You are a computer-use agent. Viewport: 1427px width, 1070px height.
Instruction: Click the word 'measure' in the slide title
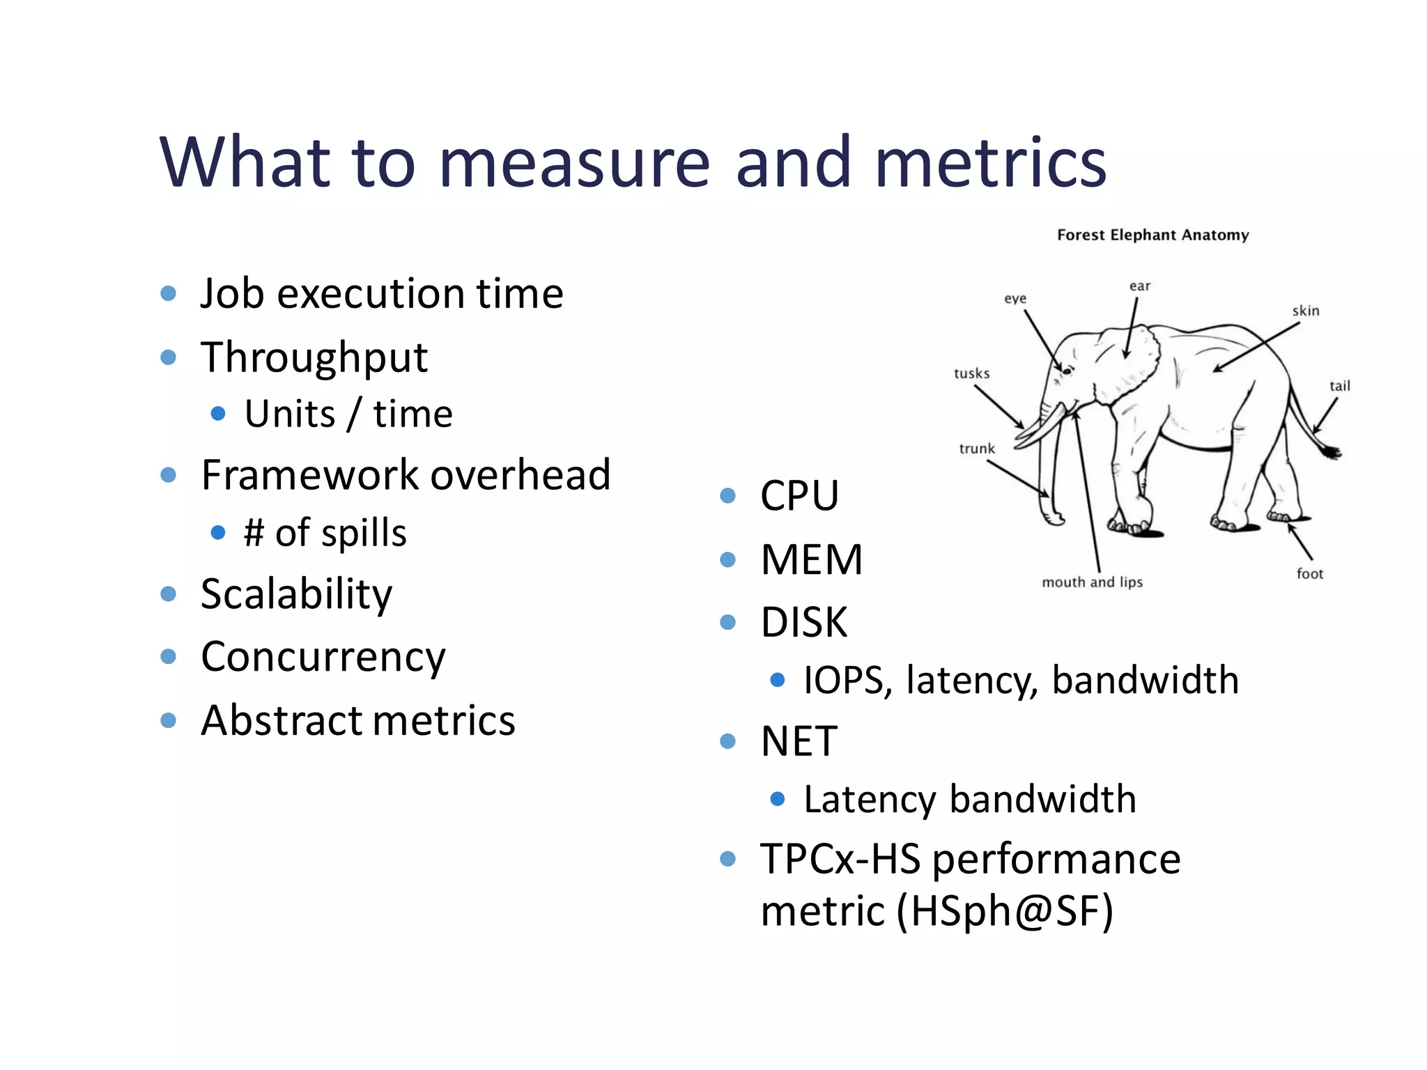coord(575,163)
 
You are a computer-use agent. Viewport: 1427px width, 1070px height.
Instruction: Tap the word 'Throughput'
coord(314,357)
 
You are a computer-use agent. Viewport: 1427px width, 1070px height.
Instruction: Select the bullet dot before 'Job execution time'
coord(168,293)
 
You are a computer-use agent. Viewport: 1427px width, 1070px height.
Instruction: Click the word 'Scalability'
coord(296,594)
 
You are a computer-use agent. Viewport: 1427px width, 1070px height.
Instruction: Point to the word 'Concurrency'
coord(323,657)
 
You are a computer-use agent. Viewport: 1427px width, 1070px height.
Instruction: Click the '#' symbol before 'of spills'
coord(254,533)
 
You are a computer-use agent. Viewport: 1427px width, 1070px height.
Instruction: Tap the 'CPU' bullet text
coord(799,496)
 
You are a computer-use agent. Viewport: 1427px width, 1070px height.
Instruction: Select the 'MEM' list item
coord(812,559)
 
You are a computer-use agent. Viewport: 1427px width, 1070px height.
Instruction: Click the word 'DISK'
coord(804,622)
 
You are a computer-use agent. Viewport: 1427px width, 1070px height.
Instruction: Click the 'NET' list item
coord(799,741)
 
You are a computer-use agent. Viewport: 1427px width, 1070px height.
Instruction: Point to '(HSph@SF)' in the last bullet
coord(1005,910)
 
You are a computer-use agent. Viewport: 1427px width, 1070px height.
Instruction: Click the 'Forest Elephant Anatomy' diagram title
coord(1152,235)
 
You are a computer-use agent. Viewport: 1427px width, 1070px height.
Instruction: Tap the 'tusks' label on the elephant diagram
coord(971,373)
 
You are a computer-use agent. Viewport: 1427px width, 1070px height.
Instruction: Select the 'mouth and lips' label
coord(1092,582)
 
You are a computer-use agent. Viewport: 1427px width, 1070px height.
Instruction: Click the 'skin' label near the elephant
coord(1305,311)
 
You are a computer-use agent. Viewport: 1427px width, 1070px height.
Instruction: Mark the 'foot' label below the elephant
coord(1309,573)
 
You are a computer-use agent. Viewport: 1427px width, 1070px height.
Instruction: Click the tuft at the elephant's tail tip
coord(1332,452)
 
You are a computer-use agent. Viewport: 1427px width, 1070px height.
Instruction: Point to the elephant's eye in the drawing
coord(1066,371)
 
